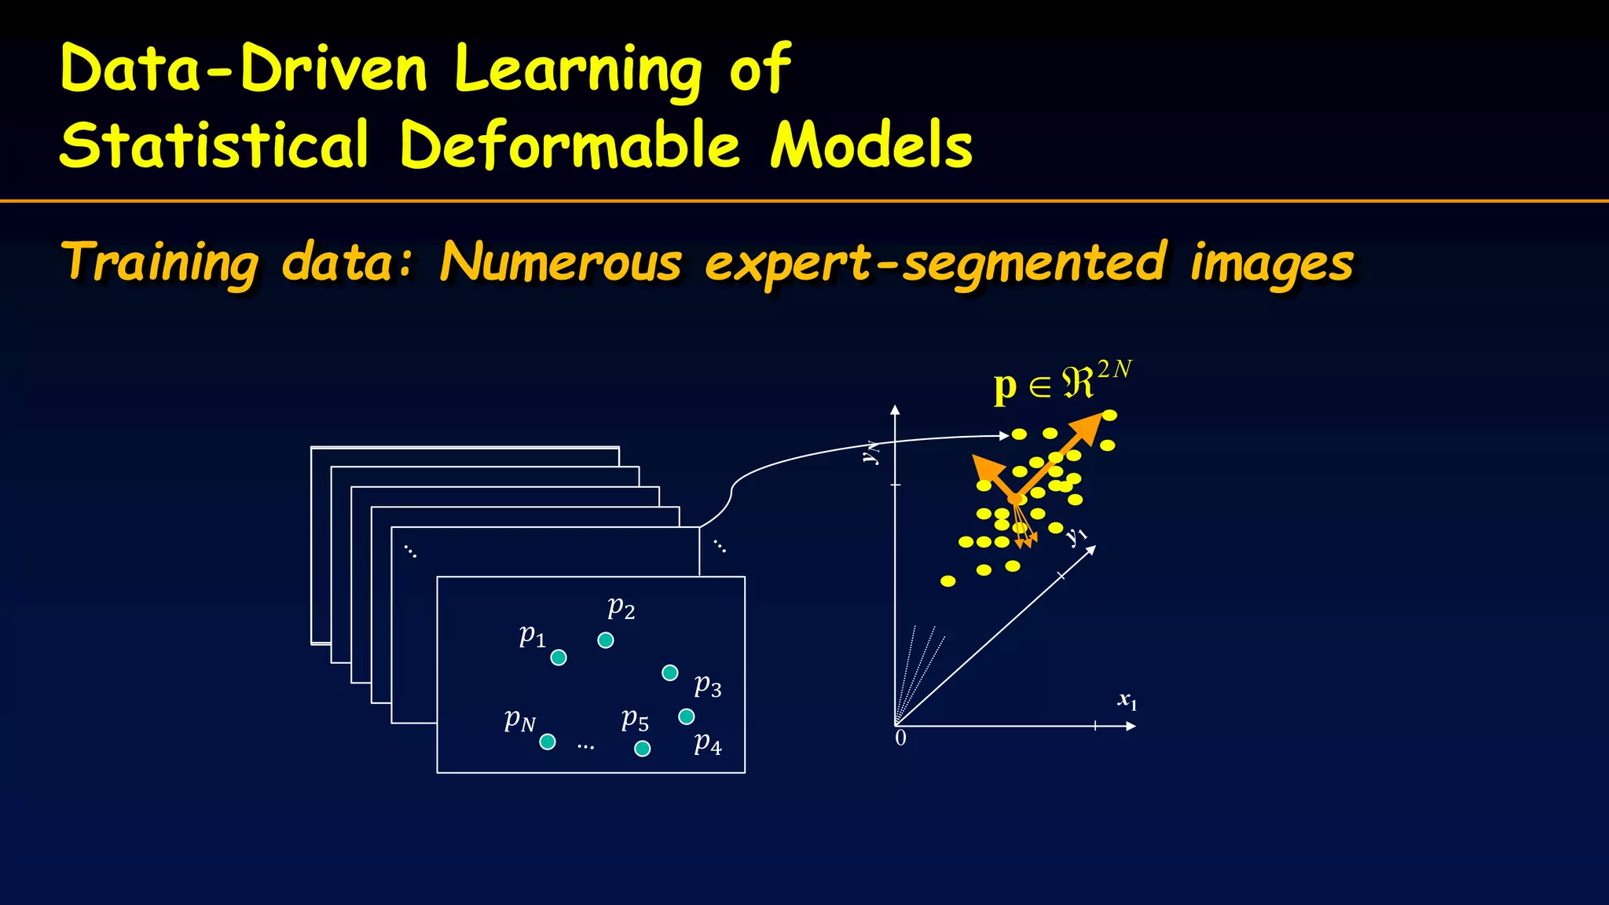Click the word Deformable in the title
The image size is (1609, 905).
pyautogui.click(x=570, y=145)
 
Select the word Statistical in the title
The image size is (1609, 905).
pyautogui.click(x=214, y=145)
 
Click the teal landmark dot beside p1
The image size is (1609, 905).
pyautogui.click(x=559, y=658)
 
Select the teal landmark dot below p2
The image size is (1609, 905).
pyautogui.click(x=606, y=640)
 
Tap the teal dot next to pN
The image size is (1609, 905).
pyautogui.click(x=548, y=742)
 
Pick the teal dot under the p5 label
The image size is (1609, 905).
pyautogui.click(x=642, y=749)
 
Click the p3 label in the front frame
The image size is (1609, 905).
pyautogui.click(x=707, y=686)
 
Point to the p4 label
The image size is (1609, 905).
pyautogui.click(x=707, y=742)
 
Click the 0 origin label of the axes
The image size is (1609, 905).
pyautogui.click(x=900, y=738)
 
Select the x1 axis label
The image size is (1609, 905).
pyautogui.click(x=1127, y=700)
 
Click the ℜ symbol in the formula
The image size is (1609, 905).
pyautogui.click(x=1077, y=384)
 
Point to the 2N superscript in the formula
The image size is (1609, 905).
pyautogui.click(x=1114, y=368)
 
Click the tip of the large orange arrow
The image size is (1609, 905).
pyautogui.click(x=1098, y=419)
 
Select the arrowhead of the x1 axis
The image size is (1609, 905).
pyautogui.click(x=1131, y=726)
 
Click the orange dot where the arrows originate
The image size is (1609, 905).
pyautogui.click(x=1014, y=499)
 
